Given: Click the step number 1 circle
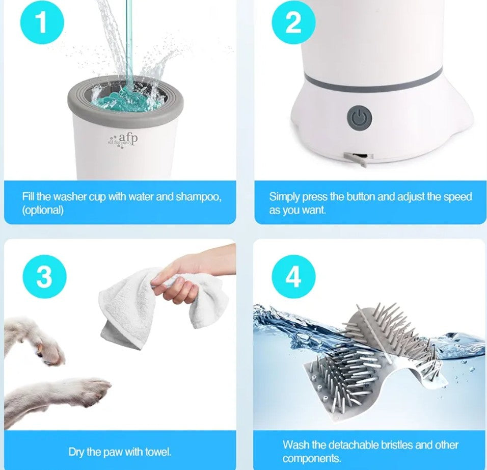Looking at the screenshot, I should (42, 23).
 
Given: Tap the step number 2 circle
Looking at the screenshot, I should (293, 23).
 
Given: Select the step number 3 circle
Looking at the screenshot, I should (44, 277).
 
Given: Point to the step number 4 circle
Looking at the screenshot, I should (293, 277).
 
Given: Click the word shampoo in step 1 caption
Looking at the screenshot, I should (198, 197).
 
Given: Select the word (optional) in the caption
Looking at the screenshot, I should (43, 210).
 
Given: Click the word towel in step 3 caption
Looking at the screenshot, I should (157, 452).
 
